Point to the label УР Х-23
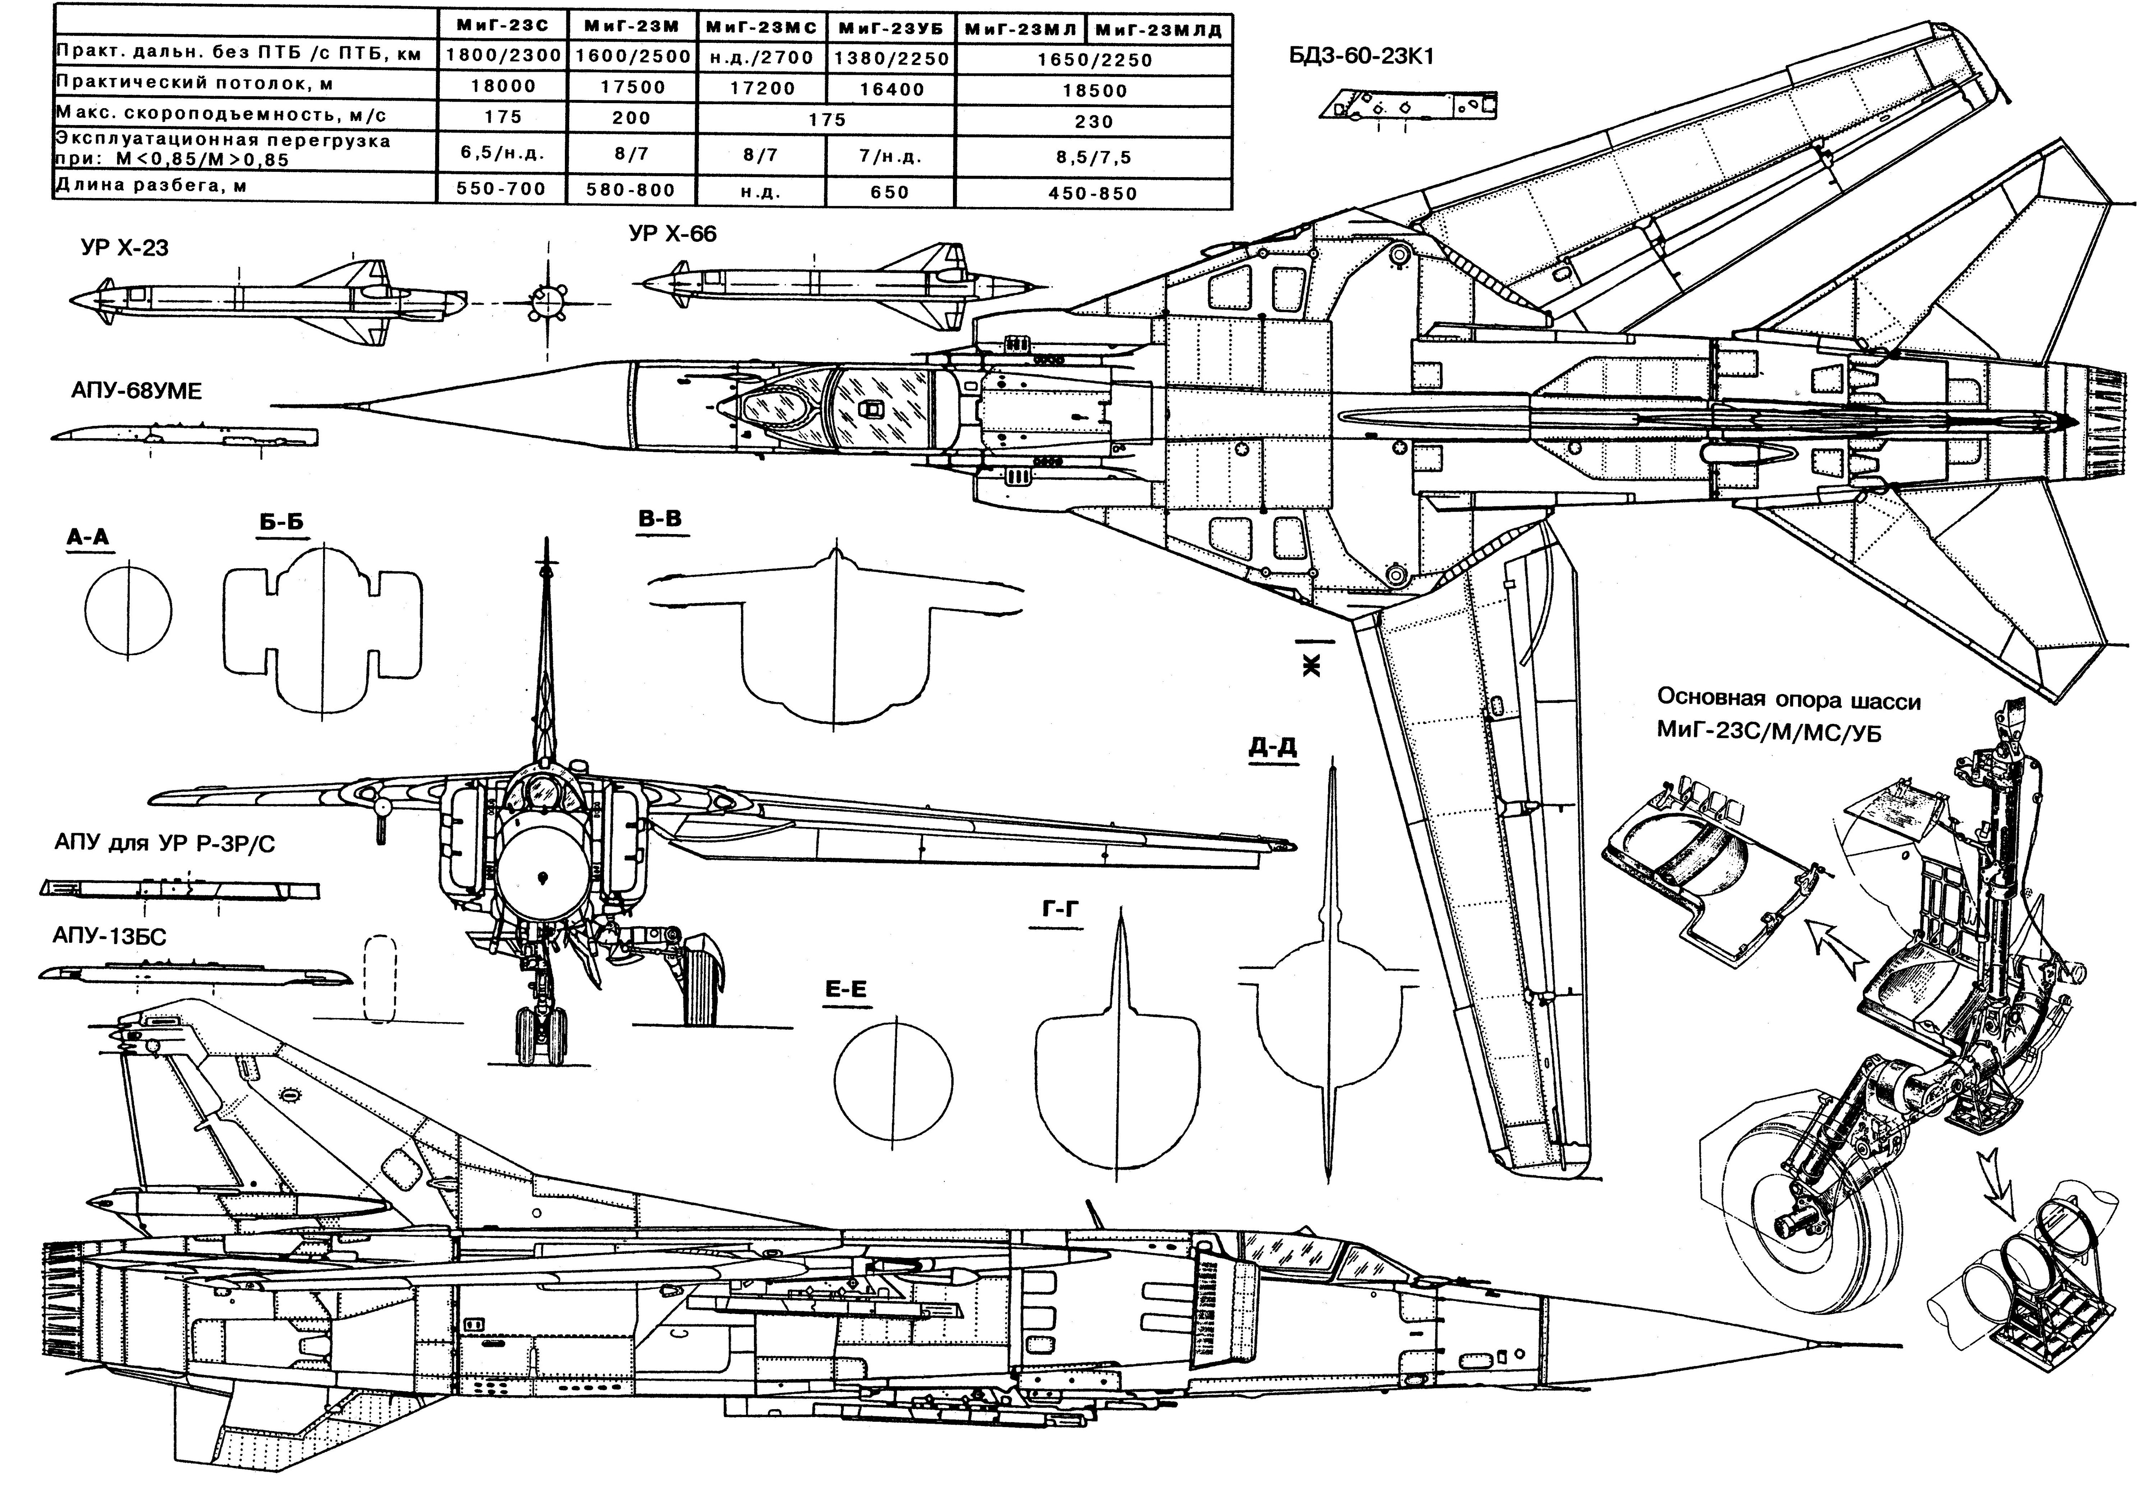pos(125,248)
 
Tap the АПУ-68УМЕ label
pos(136,391)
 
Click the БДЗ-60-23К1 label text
pos(1362,56)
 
